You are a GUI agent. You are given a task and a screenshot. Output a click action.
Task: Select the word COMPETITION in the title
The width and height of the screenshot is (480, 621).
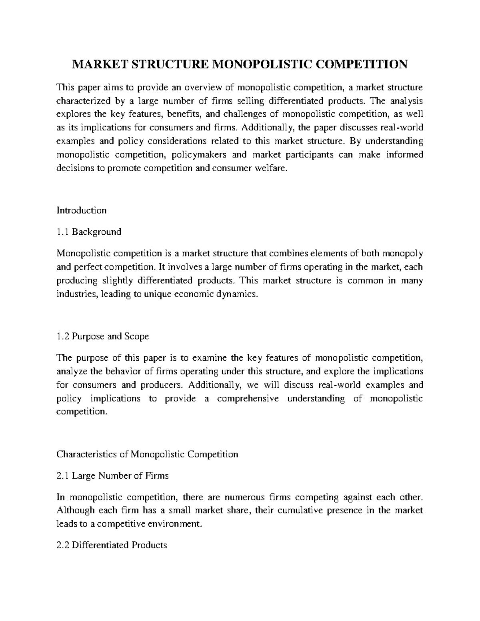click(x=362, y=64)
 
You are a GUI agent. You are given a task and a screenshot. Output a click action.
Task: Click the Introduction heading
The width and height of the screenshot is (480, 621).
click(x=82, y=210)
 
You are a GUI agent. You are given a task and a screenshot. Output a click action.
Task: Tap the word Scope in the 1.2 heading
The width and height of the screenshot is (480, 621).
click(x=136, y=336)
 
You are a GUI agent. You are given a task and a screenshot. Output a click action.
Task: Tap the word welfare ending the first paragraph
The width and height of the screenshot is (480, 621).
click(x=272, y=168)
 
